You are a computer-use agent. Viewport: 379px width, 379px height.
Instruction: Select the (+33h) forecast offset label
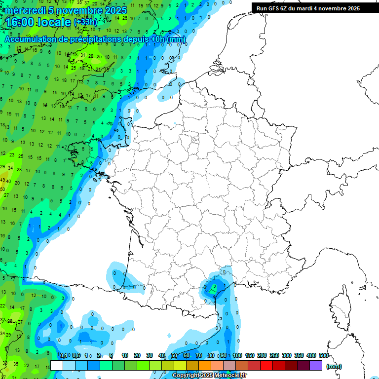click(85, 22)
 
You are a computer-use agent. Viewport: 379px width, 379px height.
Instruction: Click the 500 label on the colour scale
click(324, 355)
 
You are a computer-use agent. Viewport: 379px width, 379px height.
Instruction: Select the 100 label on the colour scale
click(237, 355)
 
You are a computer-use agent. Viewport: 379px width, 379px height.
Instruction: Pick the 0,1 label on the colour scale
click(64, 355)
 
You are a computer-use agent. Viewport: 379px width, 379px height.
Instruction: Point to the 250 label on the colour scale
click(274, 355)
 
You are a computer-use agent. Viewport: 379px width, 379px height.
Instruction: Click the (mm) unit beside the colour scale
click(334, 366)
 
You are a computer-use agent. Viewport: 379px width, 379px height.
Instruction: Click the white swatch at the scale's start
click(57, 365)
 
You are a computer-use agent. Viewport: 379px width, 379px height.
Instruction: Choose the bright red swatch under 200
click(266, 365)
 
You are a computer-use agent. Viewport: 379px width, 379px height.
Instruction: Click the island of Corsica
click(339, 308)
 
